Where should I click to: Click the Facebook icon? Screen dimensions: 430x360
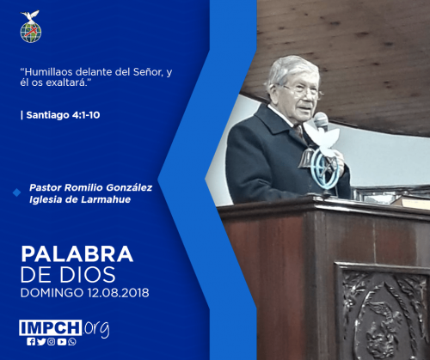[x=31, y=341]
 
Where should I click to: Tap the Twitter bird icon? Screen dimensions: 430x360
[x=41, y=341]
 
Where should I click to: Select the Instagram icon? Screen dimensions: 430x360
[x=52, y=341]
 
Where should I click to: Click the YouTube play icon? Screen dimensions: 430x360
[x=62, y=342]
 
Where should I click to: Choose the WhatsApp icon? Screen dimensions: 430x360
[x=72, y=341]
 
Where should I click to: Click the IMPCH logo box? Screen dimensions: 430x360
[x=51, y=327]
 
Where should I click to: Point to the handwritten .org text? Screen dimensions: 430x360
[x=96, y=329]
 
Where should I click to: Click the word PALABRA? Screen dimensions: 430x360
[x=77, y=254]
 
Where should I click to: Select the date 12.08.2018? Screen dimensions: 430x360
[x=118, y=293]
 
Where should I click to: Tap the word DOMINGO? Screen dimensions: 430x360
[x=52, y=293]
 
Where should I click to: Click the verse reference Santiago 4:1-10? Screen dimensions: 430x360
[x=63, y=115]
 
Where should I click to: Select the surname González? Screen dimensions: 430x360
[x=129, y=187]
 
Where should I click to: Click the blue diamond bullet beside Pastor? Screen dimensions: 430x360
[x=17, y=192]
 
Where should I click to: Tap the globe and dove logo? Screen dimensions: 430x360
[x=30, y=27]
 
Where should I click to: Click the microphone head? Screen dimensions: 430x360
[x=321, y=120]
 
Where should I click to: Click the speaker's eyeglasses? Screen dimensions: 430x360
[x=303, y=91]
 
